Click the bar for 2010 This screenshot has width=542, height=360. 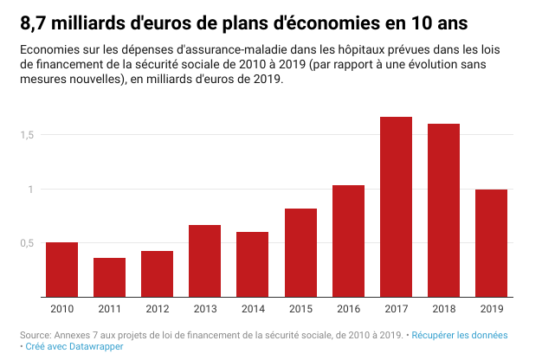point(61,270)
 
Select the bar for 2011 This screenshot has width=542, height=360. point(109,278)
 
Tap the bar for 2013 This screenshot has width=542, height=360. point(204,261)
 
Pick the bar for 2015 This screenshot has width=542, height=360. point(300,253)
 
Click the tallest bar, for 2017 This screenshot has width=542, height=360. point(396,207)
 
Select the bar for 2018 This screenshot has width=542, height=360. point(443,210)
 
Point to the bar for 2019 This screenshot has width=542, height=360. point(491,243)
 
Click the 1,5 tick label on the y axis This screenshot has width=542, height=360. point(28,134)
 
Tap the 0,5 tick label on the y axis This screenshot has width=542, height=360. point(28,243)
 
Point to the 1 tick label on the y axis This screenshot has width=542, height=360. point(31,189)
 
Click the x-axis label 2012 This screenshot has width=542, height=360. point(157,309)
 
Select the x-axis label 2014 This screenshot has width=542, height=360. point(253,309)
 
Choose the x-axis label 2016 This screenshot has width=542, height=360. point(348,309)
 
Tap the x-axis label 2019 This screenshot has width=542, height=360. point(491,309)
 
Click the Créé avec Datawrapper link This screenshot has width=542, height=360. point(74,346)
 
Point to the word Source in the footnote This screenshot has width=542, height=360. point(34,334)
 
